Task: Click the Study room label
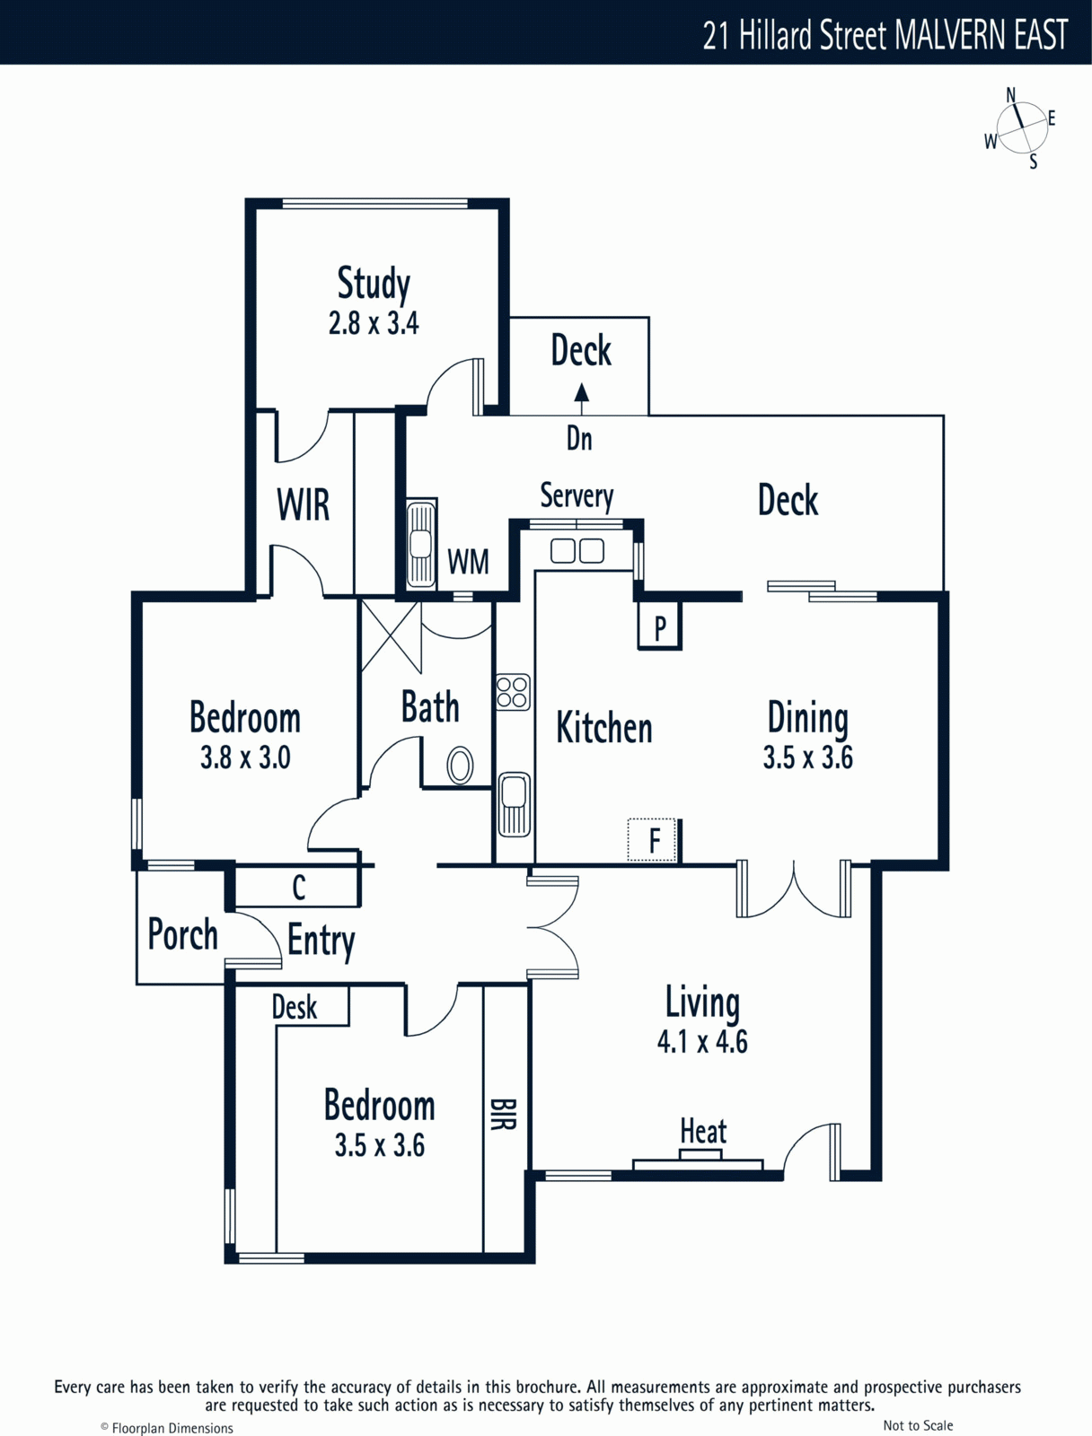pyautogui.click(x=374, y=285)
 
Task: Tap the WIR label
pyautogui.click(x=303, y=504)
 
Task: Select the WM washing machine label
pyautogui.click(x=468, y=561)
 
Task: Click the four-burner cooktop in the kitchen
pyautogui.click(x=512, y=692)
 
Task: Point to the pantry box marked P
pyautogui.click(x=660, y=626)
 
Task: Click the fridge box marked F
pyautogui.click(x=652, y=840)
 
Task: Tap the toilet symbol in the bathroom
pyautogui.click(x=460, y=765)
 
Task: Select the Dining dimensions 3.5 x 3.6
pyautogui.click(x=808, y=757)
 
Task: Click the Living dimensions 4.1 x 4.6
pyautogui.click(x=702, y=1041)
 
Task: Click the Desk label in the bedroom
pyautogui.click(x=295, y=1007)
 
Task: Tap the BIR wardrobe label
pyautogui.click(x=504, y=1114)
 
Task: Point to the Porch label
pyautogui.click(x=182, y=934)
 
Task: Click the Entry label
pyautogui.click(x=321, y=941)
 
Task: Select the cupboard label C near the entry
pyautogui.click(x=298, y=887)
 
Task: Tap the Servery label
pyautogui.click(x=577, y=496)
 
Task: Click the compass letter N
pyautogui.click(x=1011, y=95)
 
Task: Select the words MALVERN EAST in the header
pyautogui.click(x=981, y=35)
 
